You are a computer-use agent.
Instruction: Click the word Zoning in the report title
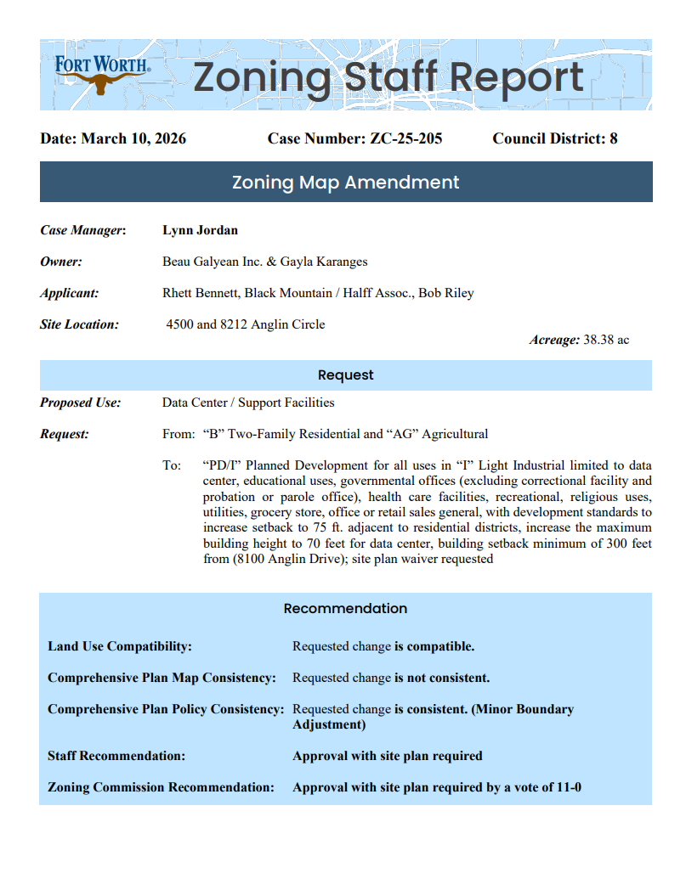261,77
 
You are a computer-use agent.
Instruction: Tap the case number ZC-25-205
405,138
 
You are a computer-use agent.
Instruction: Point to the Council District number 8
613,138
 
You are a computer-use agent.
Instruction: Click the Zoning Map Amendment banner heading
345,183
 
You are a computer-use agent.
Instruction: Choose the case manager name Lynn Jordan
200,230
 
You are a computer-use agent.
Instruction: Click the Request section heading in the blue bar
345,375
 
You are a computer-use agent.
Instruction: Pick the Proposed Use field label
80,403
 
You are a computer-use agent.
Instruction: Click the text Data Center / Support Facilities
248,403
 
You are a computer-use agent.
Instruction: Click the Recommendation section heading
345,609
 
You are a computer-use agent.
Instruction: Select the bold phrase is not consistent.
442,678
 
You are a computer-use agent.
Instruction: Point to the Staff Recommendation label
116,756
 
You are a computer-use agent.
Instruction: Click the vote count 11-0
566,787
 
